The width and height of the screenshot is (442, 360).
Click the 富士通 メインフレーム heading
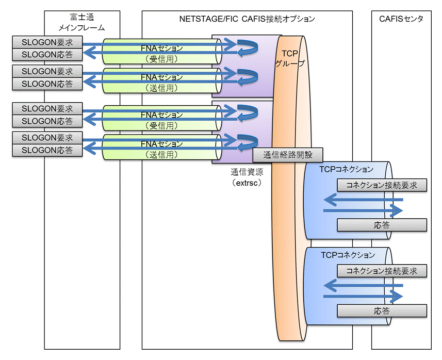(x=81, y=22)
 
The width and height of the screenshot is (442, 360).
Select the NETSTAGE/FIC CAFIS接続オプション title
(x=247, y=19)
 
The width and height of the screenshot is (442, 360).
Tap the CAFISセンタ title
(x=401, y=19)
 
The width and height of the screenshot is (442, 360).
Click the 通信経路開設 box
(x=288, y=155)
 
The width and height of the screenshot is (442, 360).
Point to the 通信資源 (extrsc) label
(x=247, y=177)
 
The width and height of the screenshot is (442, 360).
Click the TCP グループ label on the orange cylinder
(x=290, y=58)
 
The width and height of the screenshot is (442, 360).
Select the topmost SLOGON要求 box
(x=47, y=42)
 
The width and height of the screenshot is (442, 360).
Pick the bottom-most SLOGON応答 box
(x=47, y=150)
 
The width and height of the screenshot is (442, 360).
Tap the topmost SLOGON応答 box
(x=47, y=55)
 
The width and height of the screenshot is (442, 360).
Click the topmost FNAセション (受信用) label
(x=162, y=54)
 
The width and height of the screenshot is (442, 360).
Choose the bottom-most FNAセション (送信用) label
(x=162, y=149)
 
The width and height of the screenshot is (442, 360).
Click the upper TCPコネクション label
(x=346, y=169)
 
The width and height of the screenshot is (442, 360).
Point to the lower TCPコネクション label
(x=348, y=255)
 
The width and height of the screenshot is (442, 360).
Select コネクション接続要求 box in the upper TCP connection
(x=382, y=185)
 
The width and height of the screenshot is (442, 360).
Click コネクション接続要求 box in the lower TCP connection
(x=382, y=271)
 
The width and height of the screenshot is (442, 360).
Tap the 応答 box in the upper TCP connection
(x=382, y=225)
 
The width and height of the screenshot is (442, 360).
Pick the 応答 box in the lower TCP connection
(x=382, y=310)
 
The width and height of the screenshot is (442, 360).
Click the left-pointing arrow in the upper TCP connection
(x=364, y=200)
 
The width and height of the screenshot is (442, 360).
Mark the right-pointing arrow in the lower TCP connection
(x=364, y=296)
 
